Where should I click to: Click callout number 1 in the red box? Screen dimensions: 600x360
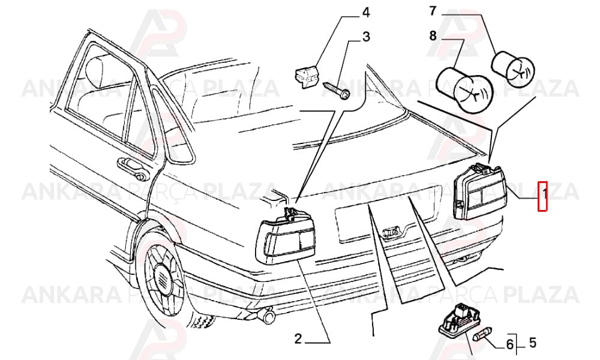tap(542, 196)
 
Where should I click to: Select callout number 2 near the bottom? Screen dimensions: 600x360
tap(298, 338)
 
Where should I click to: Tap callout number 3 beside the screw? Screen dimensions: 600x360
tap(366, 37)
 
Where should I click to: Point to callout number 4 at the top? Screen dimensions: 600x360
tap(366, 13)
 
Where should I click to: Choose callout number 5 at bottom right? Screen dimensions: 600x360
tap(532, 343)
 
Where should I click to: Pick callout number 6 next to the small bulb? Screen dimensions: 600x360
tap(509, 344)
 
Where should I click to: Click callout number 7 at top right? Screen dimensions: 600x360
tap(433, 11)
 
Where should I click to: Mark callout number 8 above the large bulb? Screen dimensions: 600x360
tap(433, 36)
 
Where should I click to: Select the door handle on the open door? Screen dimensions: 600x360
tap(133, 168)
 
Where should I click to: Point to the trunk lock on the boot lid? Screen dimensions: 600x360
tap(390, 232)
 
